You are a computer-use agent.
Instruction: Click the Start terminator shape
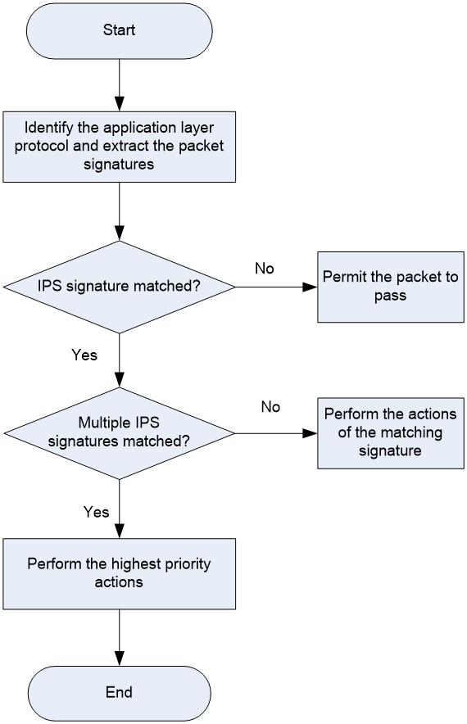tap(119, 31)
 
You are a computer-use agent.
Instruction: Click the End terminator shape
tap(119, 693)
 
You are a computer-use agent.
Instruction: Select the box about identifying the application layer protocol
tap(119, 147)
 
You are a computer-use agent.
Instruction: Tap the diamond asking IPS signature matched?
tap(119, 287)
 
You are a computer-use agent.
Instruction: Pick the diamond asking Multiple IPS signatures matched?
tap(119, 433)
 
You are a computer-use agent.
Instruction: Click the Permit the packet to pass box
tap(390, 287)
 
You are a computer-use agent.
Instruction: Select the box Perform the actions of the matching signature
tap(390, 433)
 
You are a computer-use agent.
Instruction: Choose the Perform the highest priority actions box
tap(119, 573)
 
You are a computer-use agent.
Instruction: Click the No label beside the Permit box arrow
tap(264, 269)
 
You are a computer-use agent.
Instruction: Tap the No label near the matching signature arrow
tap(270, 407)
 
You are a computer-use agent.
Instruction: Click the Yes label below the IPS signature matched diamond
tap(84, 355)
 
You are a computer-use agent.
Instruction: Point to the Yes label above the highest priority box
tap(96, 512)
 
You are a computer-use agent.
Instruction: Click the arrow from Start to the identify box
tap(119, 85)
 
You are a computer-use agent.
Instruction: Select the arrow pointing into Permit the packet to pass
tap(276, 287)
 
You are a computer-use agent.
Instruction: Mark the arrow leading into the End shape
tap(119, 638)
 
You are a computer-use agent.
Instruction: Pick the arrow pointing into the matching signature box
tap(276, 433)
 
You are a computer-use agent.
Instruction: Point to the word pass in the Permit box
tap(390, 296)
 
